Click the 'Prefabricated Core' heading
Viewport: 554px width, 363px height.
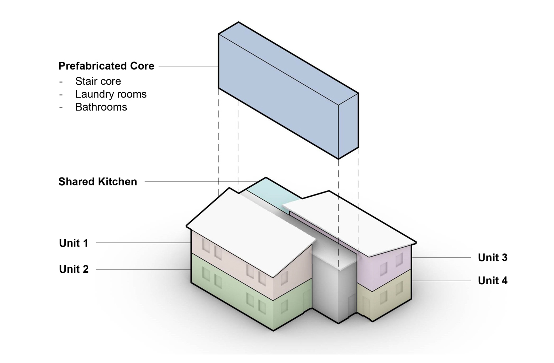click(x=106, y=66)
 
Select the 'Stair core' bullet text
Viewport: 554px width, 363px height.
click(x=98, y=81)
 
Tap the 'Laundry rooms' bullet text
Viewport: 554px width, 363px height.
click(x=111, y=94)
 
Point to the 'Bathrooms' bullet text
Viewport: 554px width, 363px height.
click(x=101, y=107)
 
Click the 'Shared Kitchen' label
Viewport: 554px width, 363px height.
click(x=98, y=182)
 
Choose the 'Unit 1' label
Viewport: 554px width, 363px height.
click(x=74, y=243)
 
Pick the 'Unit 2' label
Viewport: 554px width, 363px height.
click(x=74, y=269)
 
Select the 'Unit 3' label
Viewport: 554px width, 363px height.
click(x=493, y=258)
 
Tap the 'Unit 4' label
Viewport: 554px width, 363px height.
click(x=493, y=281)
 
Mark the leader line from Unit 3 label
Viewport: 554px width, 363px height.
click(x=441, y=258)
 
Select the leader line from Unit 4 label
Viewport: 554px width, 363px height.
click(x=441, y=281)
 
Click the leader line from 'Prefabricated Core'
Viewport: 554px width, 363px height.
click(x=188, y=67)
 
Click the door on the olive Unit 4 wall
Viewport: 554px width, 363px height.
click(x=366, y=306)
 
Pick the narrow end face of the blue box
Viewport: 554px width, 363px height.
click(x=349, y=126)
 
